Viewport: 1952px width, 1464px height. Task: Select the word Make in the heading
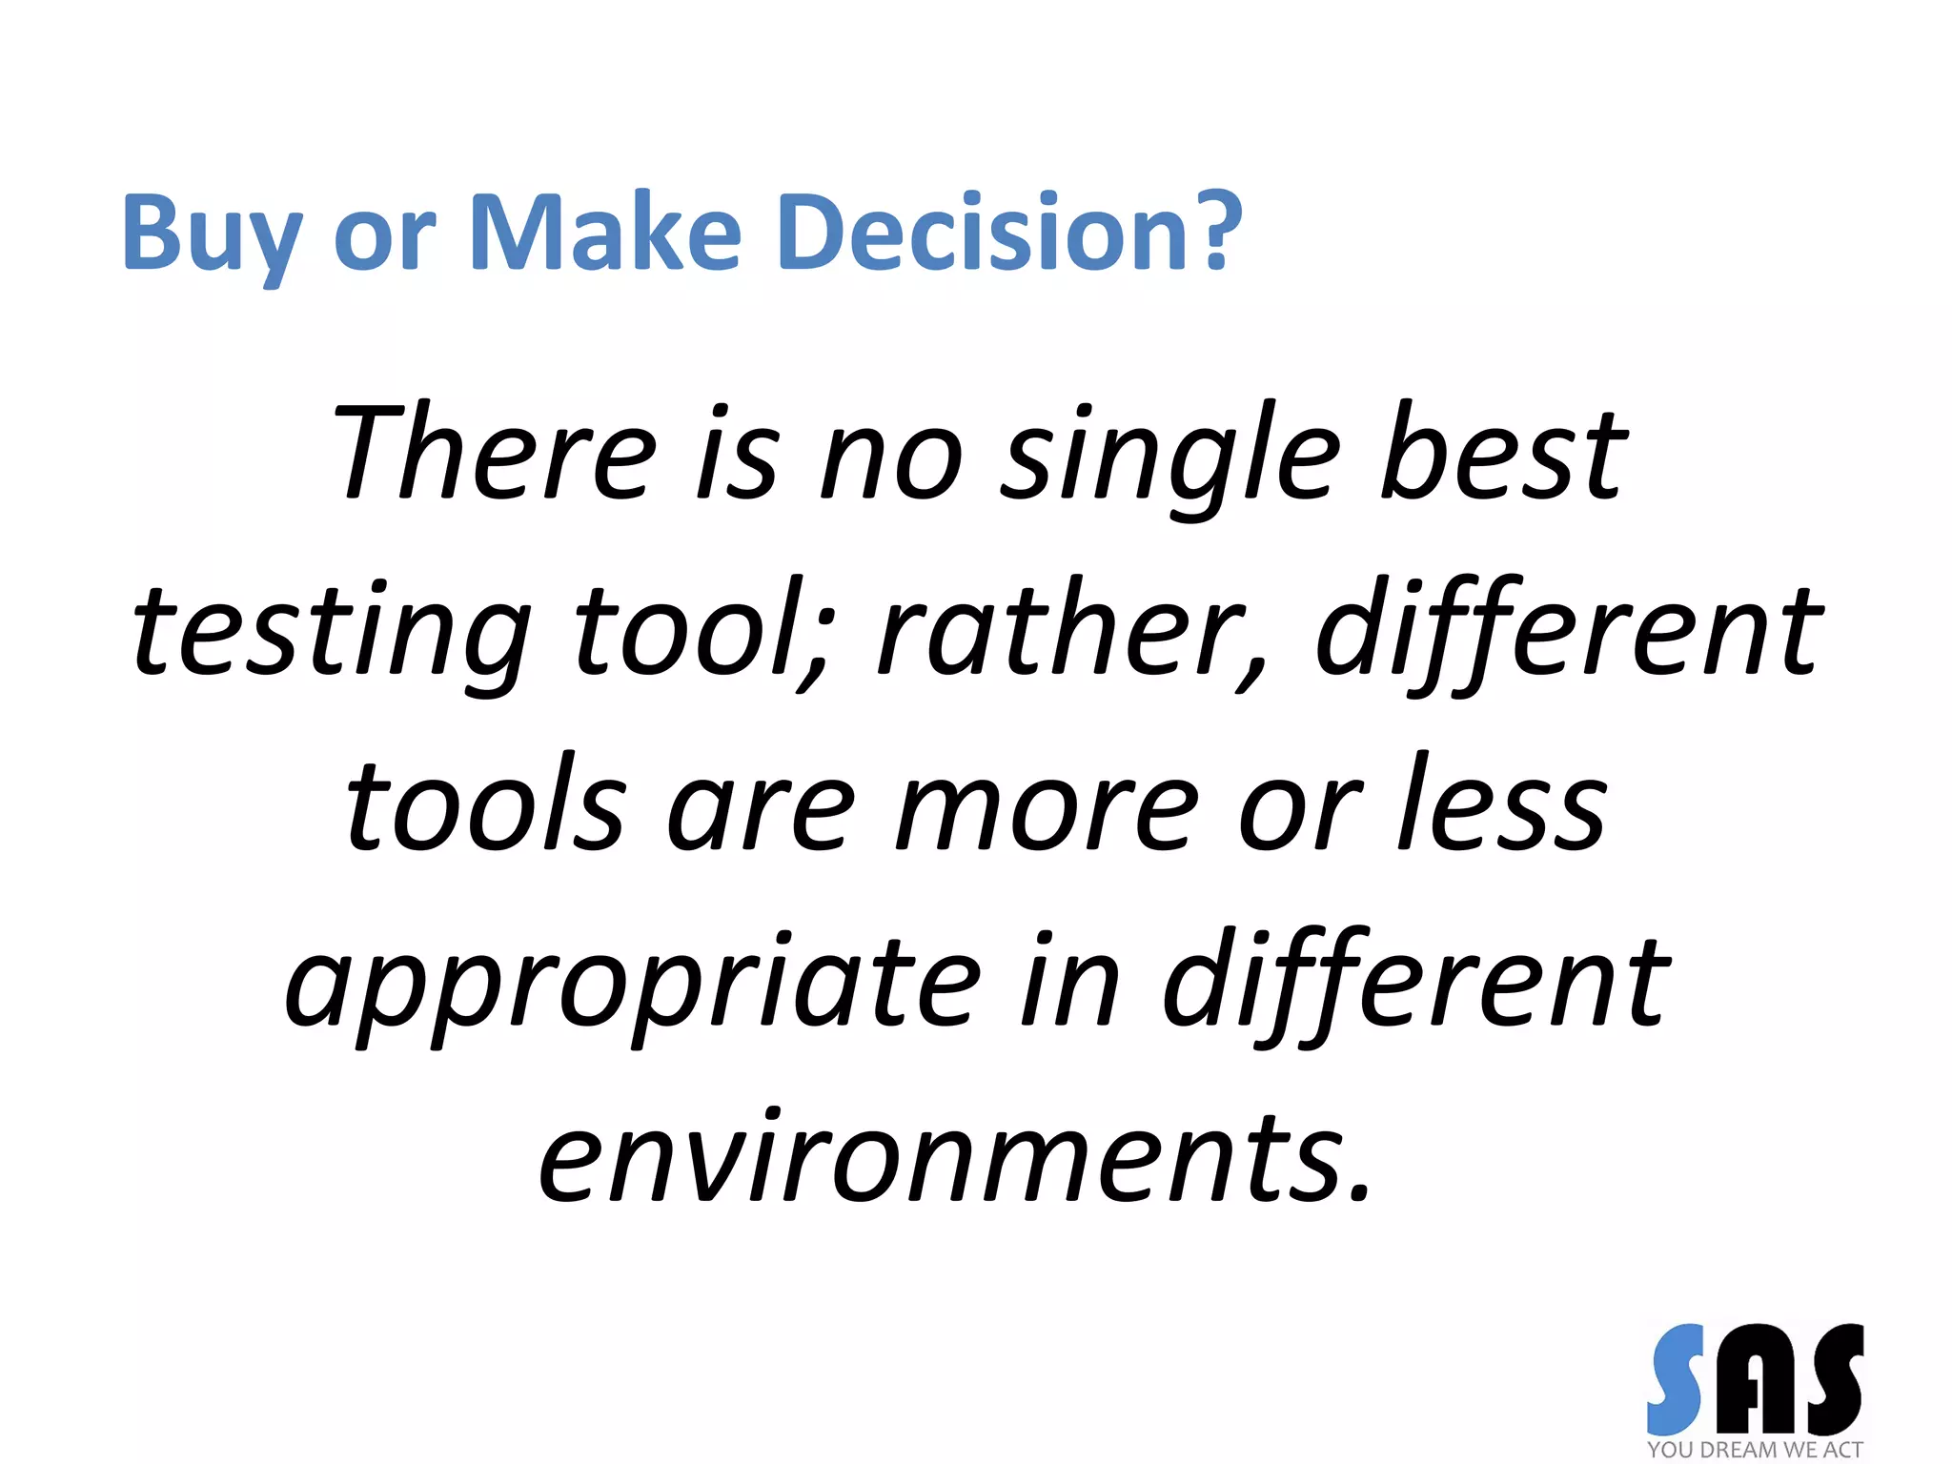tap(605, 234)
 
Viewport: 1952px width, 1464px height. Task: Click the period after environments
tap(1358, 1191)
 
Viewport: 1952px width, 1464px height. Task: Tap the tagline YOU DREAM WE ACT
tap(1755, 1450)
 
